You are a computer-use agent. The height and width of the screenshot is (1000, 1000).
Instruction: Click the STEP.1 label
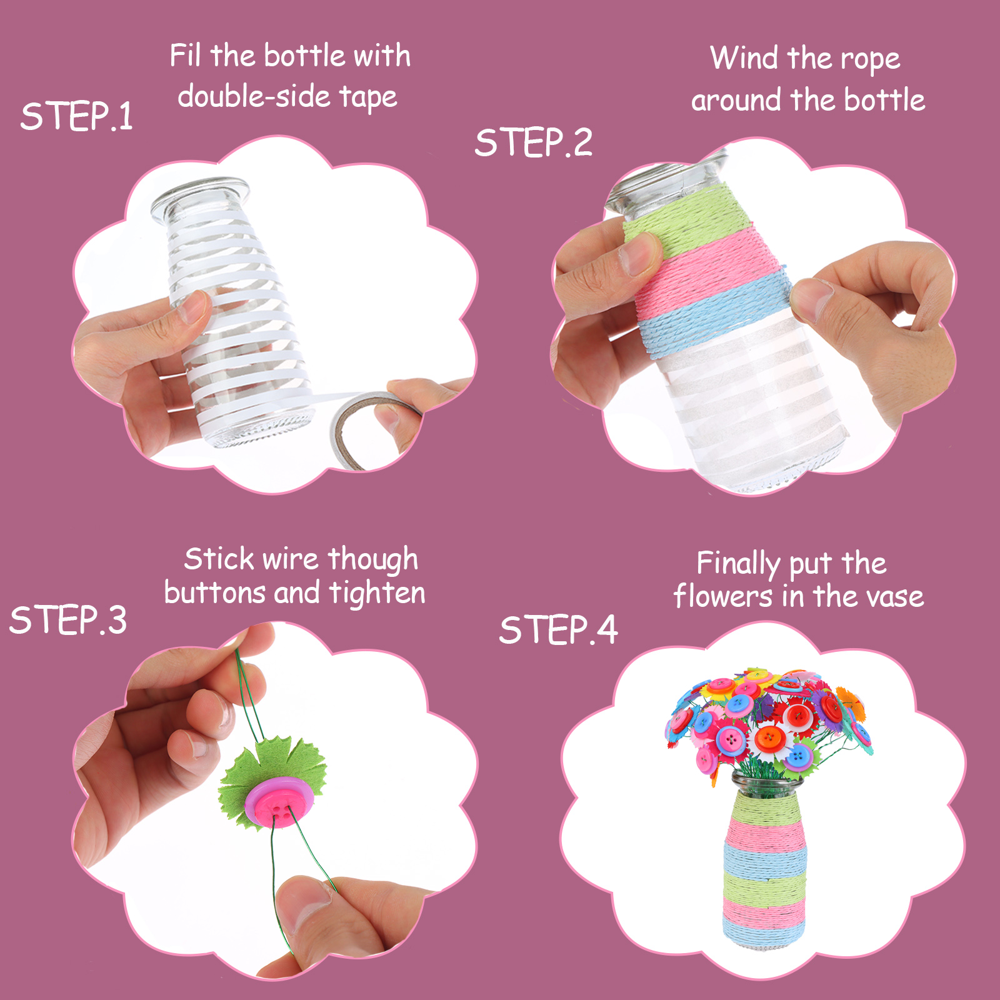(x=77, y=116)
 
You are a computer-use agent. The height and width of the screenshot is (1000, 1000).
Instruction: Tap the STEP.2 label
(x=533, y=142)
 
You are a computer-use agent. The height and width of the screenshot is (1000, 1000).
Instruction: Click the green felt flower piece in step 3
(x=272, y=781)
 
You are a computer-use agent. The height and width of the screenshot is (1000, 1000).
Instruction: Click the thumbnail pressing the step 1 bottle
(x=195, y=306)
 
